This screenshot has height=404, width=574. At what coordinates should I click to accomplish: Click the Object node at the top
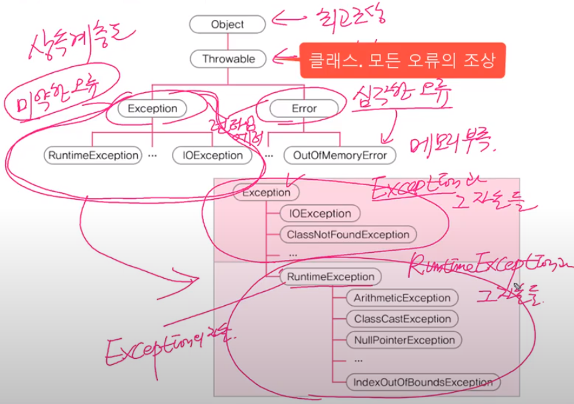point(228,25)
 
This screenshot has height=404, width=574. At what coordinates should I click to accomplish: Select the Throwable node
point(228,59)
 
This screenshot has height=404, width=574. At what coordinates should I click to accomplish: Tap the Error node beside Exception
point(304,108)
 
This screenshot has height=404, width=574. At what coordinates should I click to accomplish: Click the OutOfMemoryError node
point(339,155)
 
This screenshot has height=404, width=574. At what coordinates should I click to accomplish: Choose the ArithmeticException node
point(401,298)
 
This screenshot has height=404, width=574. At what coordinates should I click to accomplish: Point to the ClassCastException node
point(401,319)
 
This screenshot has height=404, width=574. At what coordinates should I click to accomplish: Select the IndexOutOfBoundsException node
point(423,382)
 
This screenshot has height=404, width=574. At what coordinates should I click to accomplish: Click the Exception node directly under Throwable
point(153,108)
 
